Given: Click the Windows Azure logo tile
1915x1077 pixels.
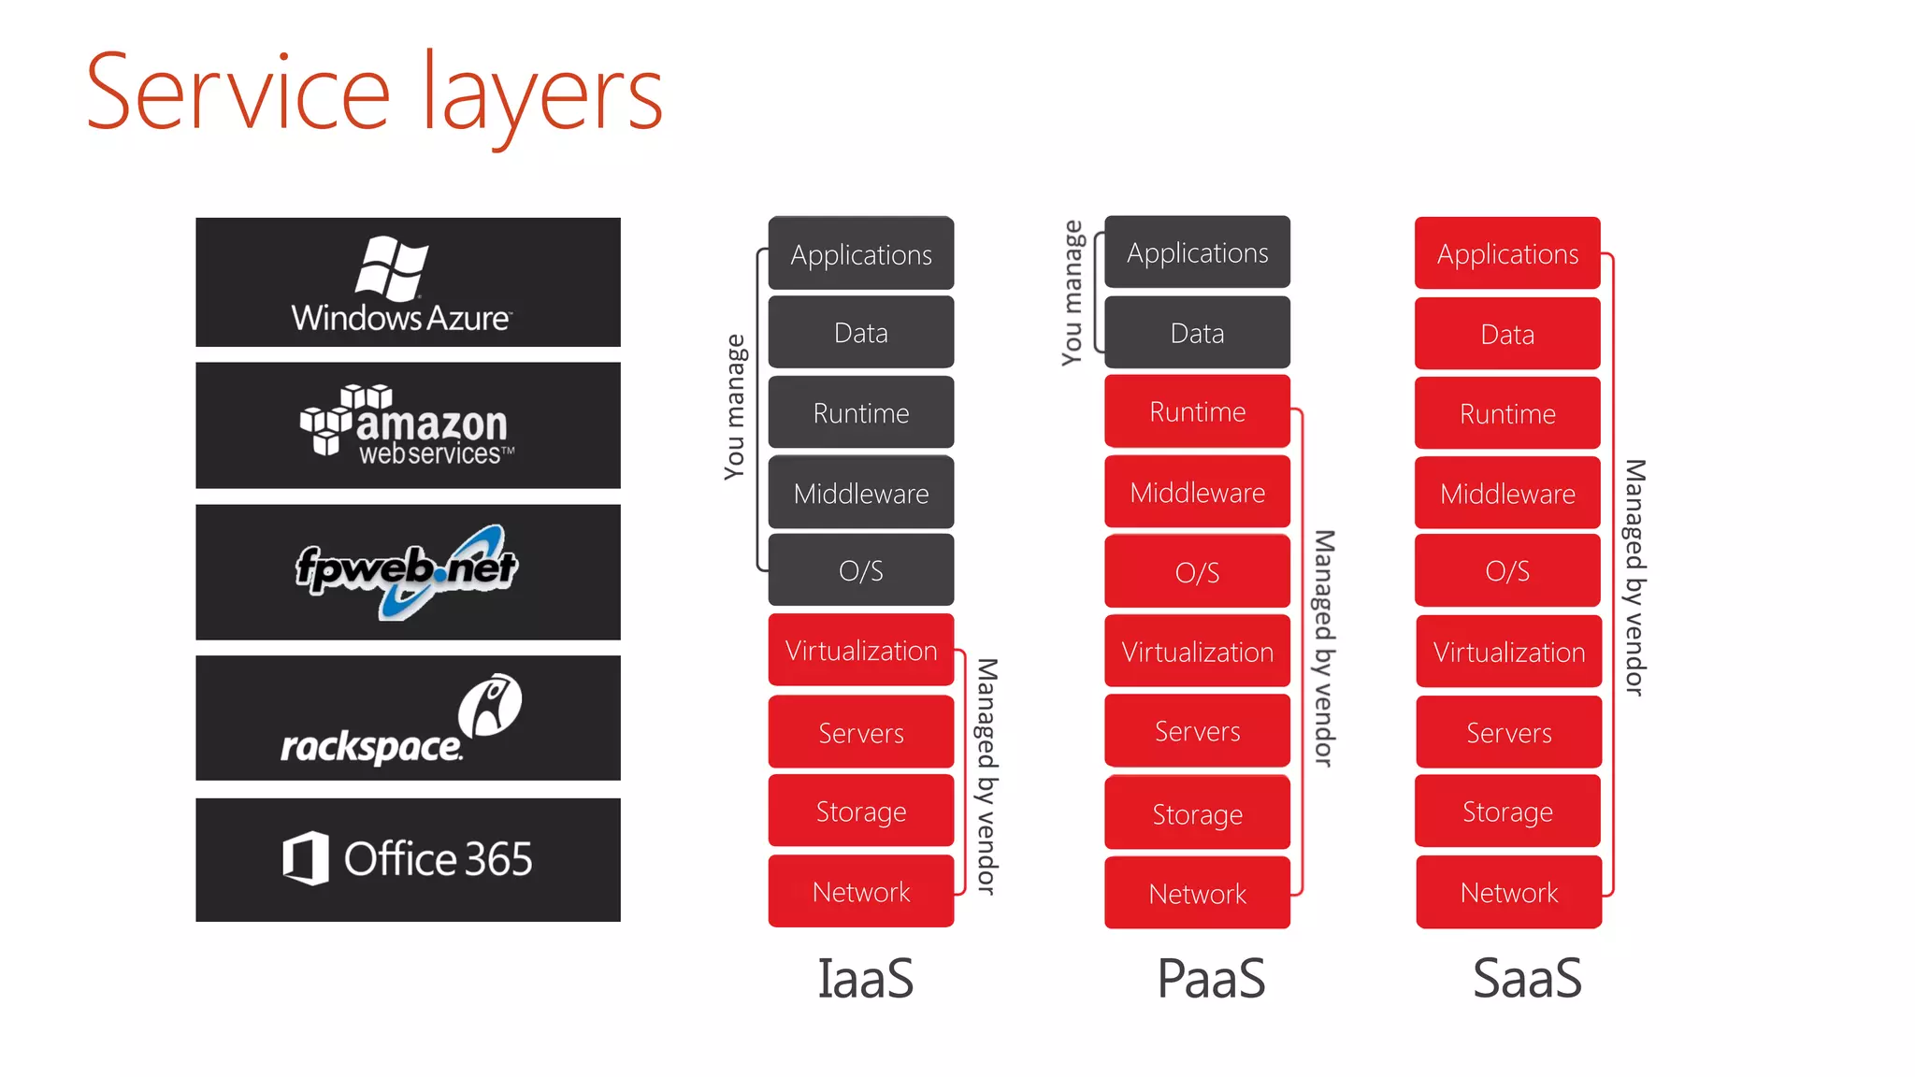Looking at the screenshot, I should tap(408, 282).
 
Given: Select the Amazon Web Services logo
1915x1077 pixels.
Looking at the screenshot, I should tap(408, 425).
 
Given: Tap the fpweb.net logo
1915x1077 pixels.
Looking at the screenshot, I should tap(408, 571).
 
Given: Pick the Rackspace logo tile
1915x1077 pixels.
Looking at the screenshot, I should tap(408, 718).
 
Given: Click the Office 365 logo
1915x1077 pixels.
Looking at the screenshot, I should tap(408, 859).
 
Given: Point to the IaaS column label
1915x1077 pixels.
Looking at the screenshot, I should tap(865, 979).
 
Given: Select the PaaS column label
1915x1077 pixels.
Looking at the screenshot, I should tap(1211, 979).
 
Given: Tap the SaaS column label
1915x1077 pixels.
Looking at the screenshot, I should tap(1526, 979).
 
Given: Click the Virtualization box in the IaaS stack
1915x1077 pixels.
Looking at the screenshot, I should tap(860, 650).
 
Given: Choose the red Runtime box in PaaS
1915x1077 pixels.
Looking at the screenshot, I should tap(1197, 411).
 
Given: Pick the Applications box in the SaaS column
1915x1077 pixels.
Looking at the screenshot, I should tap(1507, 253).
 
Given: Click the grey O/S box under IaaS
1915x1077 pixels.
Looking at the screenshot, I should tap(860, 570).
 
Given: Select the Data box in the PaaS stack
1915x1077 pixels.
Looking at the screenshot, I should tap(1197, 333).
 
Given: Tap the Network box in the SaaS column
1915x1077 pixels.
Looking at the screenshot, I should tap(1508, 892).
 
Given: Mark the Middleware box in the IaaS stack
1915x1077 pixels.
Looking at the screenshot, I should tap(860, 493).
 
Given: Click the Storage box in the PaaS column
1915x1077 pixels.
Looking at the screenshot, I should tap(1197, 813).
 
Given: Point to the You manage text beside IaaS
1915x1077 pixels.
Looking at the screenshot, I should tap(735, 407).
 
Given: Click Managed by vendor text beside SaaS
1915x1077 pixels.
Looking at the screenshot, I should tap(1634, 577).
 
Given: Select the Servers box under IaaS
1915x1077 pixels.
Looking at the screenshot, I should tap(860, 732).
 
